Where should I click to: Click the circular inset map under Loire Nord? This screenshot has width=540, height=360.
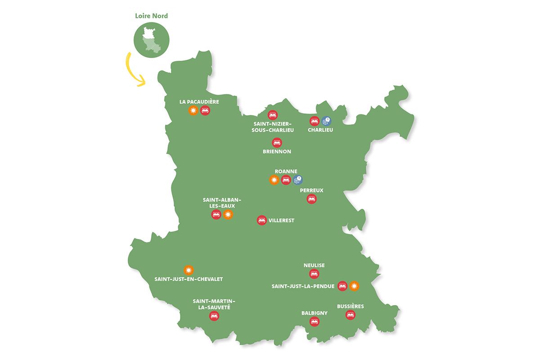pyautogui.click(x=151, y=40)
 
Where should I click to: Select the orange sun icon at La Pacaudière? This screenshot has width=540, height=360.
pyautogui.click(x=193, y=110)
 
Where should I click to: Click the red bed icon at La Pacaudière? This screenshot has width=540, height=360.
pyautogui.click(x=205, y=110)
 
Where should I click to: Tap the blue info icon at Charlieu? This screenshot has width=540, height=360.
pyautogui.click(x=326, y=121)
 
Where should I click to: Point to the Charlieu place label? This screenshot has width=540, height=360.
pyautogui.click(x=320, y=130)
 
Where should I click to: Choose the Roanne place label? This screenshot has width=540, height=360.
pyautogui.click(x=285, y=171)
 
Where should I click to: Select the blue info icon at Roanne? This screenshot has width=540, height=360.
pyautogui.click(x=297, y=180)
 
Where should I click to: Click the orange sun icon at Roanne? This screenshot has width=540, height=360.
pyautogui.click(x=274, y=180)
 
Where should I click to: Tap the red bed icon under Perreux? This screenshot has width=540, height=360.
pyautogui.click(x=311, y=198)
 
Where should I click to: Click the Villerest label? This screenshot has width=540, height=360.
pyautogui.click(x=281, y=220)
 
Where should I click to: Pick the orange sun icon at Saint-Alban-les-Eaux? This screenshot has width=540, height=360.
pyautogui.click(x=228, y=215)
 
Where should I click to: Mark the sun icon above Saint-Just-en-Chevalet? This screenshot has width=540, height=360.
pyautogui.click(x=189, y=270)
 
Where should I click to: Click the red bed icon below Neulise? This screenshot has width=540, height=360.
pyautogui.click(x=314, y=274)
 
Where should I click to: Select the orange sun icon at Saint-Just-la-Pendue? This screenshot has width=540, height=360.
pyautogui.click(x=354, y=285)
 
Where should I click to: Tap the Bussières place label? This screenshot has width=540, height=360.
pyautogui.click(x=350, y=306)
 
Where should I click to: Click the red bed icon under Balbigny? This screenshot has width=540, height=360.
pyautogui.click(x=314, y=321)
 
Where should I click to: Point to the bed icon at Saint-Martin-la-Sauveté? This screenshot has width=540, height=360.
pyautogui.click(x=215, y=316)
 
